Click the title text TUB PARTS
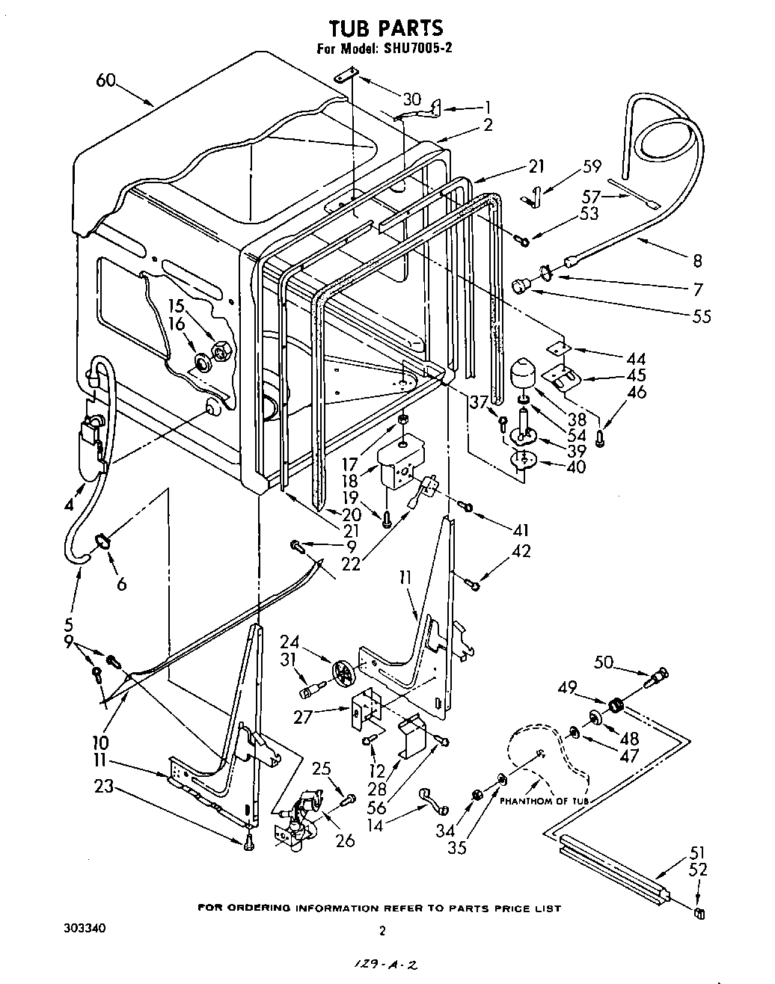[386, 28]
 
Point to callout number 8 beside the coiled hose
[696, 260]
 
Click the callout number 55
[701, 316]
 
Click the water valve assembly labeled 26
[297, 822]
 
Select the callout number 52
[697, 870]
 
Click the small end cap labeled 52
[700, 913]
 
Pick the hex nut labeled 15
[221, 349]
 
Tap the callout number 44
[636, 358]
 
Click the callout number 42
[521, 551]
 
